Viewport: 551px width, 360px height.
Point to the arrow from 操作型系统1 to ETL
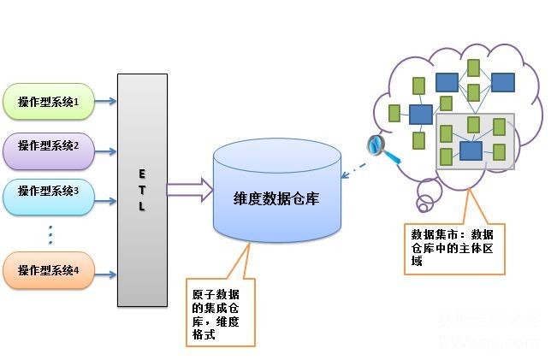tap(104, 102)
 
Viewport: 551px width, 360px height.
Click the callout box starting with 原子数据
tap(220, 311)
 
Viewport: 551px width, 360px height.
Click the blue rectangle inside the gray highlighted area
tap(471, 150)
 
